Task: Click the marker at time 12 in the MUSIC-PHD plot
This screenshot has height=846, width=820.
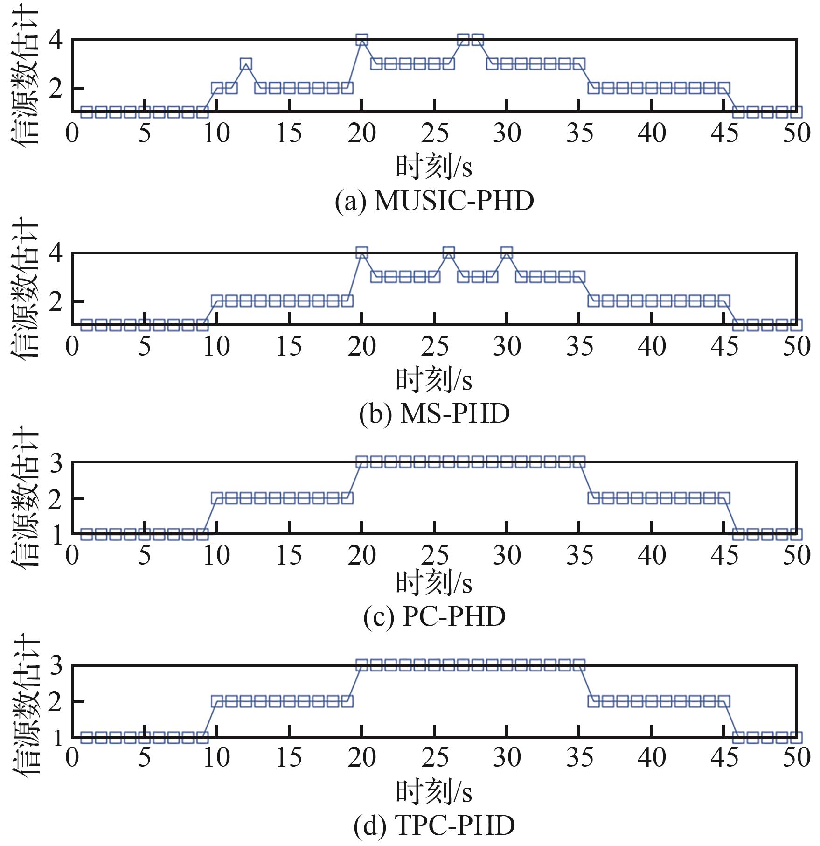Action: (x=246, y=64)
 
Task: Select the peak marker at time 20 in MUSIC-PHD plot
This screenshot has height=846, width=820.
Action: (x=361, y=40)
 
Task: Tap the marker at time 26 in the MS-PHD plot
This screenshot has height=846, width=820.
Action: (x=449, y=253)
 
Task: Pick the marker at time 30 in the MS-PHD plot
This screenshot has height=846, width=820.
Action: (x=507, y=253)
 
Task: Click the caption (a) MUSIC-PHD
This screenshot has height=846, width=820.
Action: (x=435, y=201)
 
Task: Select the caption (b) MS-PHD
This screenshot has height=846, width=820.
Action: (x=435, y=413)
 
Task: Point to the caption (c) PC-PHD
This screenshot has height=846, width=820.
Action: (x=435, y=617)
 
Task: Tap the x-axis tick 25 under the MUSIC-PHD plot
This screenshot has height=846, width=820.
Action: (x=435, y=133)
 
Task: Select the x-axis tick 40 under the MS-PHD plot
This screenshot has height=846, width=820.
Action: (x=652, y=347)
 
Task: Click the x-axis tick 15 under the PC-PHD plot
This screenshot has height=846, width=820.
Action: (x=290, y=555)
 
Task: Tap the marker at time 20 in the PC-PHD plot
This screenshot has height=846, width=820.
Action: (x=361, y=462)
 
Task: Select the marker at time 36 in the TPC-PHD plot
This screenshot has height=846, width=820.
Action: (x=594, y=701)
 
